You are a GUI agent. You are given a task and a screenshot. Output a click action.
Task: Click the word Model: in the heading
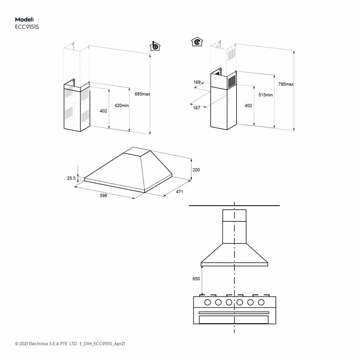24,19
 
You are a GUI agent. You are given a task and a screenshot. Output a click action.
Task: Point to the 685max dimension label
142,94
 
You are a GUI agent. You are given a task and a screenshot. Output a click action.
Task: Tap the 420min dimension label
121,105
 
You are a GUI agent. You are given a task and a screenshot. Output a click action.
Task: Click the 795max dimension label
286,84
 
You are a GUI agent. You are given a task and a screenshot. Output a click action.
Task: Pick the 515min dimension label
265,95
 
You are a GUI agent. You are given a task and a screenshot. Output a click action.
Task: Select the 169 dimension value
197,82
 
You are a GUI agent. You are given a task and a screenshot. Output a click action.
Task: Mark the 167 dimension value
197,108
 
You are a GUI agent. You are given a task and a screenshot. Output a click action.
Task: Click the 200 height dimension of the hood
196,170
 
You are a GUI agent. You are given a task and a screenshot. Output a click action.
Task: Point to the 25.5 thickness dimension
71,178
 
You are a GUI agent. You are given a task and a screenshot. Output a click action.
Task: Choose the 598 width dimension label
103,196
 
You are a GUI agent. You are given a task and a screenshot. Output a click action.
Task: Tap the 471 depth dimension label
180,192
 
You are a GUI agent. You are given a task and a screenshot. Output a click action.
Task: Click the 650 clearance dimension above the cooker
196,279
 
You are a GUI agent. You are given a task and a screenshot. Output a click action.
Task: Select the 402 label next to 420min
103,111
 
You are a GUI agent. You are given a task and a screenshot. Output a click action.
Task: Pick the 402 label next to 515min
248,105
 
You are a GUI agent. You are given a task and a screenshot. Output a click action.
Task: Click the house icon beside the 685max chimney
154,46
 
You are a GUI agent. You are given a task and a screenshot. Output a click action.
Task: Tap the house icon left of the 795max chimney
196,42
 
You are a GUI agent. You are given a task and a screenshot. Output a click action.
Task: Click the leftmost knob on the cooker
208,302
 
